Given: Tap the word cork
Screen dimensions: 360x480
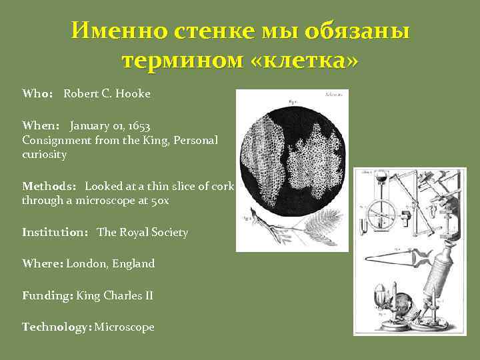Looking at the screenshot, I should tap(222, 186).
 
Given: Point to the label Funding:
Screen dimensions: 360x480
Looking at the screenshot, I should tap(47, 295).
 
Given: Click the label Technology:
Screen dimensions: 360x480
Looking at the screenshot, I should tap(57, 327).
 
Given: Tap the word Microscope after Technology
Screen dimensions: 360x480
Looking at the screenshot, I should tap(125, 327).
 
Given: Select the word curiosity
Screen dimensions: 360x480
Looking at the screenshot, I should tap(44, 155).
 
